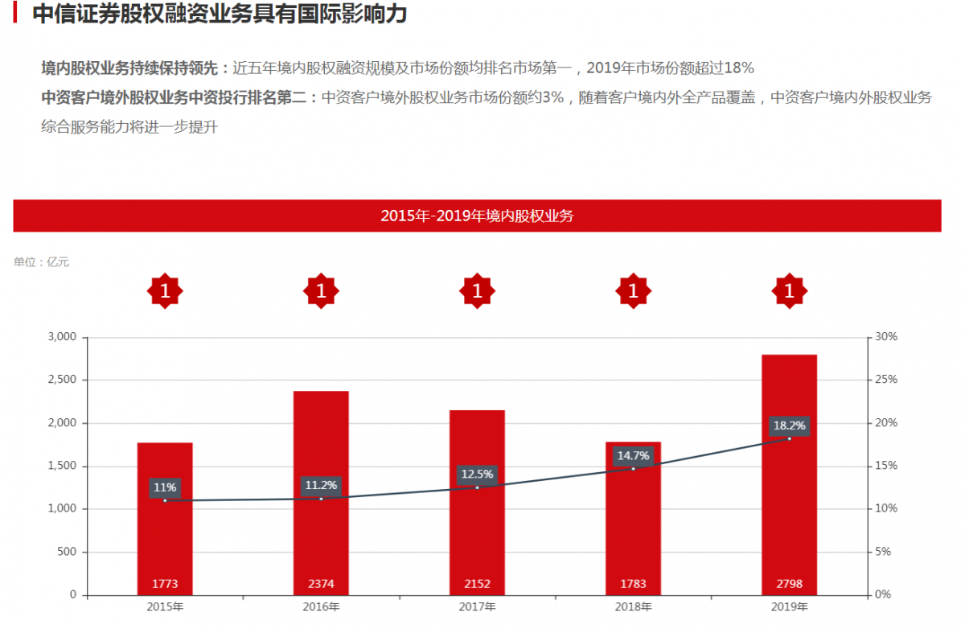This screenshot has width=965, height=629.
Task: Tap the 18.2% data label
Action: (x=789, y=425)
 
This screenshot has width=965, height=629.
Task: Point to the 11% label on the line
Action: (x=165, y=487)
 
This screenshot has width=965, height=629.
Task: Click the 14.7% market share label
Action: (x=633, y=456)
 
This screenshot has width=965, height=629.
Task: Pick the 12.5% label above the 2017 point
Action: (x=477, y=475)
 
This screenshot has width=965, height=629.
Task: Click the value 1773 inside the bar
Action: (x=165, y=584)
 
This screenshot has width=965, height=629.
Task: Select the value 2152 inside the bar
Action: (x=477, y=584)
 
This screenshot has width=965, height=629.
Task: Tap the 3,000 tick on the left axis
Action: (x=62, y=337)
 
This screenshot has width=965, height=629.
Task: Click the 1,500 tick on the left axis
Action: (x=62, y=467)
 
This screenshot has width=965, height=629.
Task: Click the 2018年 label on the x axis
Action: (x=633, y=607)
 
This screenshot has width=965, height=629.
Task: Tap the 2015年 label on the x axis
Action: (x=165, y=607)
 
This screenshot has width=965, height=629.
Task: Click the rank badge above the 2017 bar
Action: (x=477, y=291)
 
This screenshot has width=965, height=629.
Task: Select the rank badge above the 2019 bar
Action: (x=789, y=291)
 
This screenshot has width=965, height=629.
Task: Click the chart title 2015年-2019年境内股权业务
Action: (x=477, y=216)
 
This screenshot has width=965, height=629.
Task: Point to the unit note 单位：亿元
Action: (x=42, y=262)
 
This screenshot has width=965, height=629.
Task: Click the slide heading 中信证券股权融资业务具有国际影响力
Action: (x=220, y=14)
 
